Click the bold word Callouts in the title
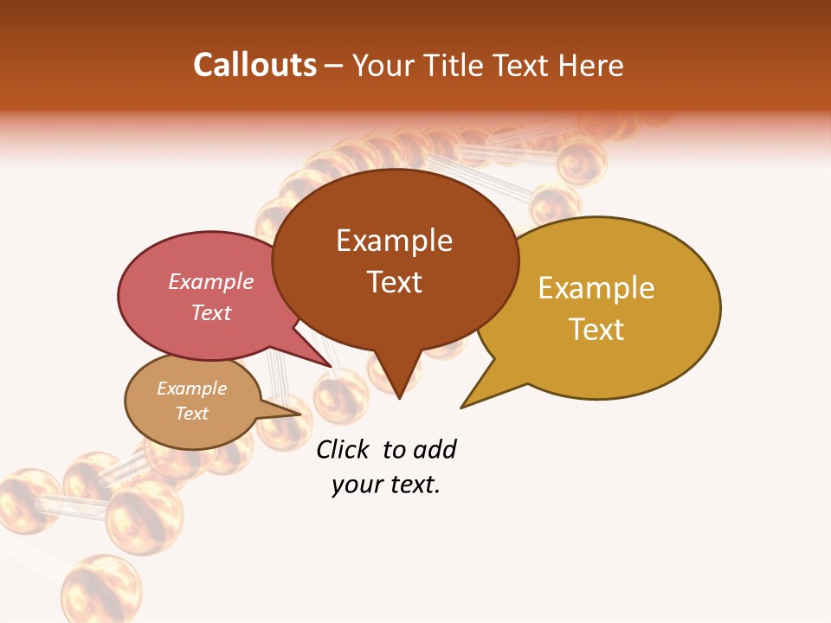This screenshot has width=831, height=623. point(255,65)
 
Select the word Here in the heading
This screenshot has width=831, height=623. point(591,65)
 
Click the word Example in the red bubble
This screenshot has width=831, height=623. point(211,281)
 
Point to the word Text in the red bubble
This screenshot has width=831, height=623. point(211,312)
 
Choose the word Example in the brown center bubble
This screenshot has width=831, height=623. point(394,241)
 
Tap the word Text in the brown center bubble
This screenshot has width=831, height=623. point(394,282)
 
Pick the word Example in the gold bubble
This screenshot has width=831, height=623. point(596,288)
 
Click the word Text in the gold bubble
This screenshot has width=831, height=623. point(596,330)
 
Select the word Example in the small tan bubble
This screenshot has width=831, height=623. point(192,389)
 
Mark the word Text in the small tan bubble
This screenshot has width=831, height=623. point(192,414)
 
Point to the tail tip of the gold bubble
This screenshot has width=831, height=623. point(462,407)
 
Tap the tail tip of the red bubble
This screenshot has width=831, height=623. point(330,366)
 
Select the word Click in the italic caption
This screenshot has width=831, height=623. point(343,449)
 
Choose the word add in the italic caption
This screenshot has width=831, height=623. point(435,449)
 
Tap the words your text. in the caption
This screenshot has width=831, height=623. point(386,485)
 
